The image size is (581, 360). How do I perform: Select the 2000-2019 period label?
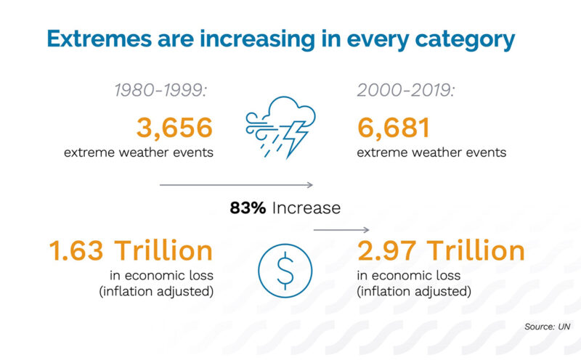[407, 91]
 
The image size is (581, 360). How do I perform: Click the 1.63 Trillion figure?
[131, 251]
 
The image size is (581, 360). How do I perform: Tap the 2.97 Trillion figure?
[441, 251]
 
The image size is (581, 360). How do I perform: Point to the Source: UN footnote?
[548, 327]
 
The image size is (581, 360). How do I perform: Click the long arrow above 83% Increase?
[236, 185]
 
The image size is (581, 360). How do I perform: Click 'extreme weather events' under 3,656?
[138, 152]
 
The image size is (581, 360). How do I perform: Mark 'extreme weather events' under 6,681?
[431, 152]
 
